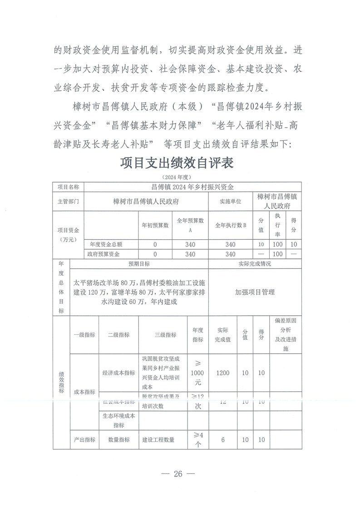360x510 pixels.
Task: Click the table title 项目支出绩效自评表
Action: click(178, 163)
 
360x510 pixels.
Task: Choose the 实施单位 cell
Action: click(230, 201)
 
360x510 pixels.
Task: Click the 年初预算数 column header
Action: click(155, 225)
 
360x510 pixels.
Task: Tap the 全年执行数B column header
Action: click(230, 225)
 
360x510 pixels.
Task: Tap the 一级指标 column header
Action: click(84, 335)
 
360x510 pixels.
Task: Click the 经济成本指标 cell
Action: click(119, 373)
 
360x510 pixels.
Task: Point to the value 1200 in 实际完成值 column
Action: click(223, 373)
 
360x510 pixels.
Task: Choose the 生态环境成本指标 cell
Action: click(119, 421)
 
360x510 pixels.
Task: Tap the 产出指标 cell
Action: click(84, 440)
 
